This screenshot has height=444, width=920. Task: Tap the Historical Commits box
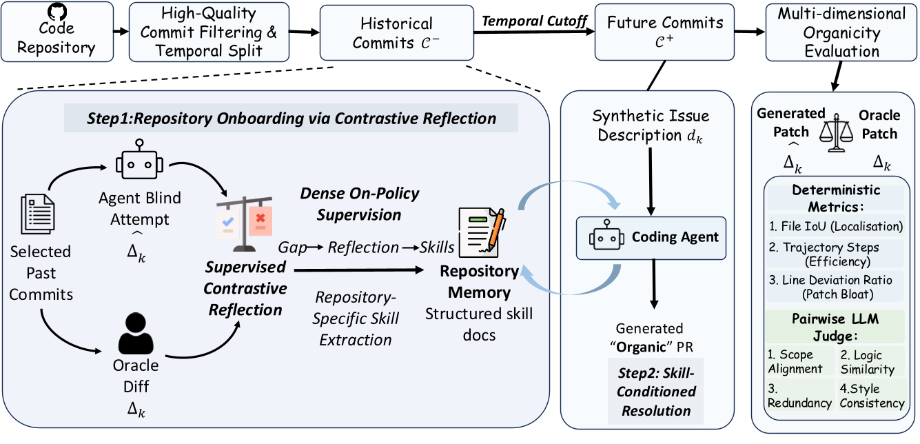397,32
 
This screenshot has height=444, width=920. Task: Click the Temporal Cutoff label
534,21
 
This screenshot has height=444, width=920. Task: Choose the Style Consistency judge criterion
871,396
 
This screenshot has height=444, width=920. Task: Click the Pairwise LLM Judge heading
834,327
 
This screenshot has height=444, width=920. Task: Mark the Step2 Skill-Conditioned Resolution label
655,391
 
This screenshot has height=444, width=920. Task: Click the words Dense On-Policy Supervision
359,204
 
